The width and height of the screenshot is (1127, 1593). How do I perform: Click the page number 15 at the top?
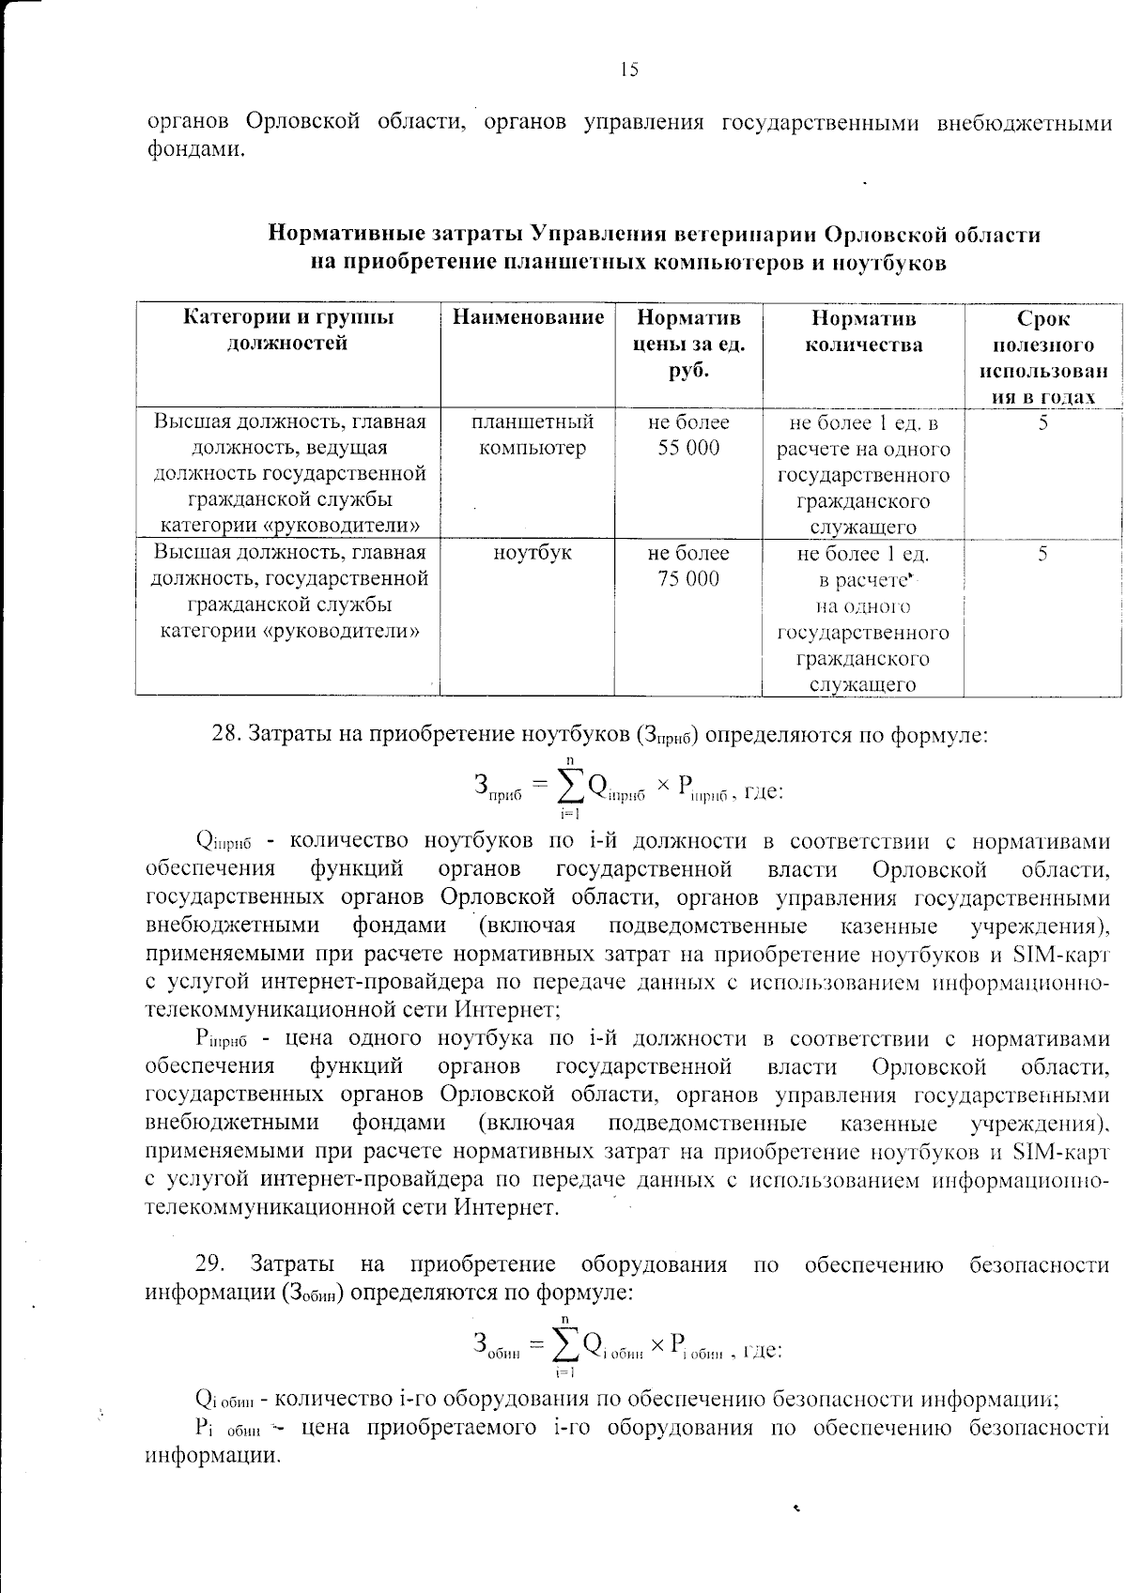pyautogui.click(x=628, y=69)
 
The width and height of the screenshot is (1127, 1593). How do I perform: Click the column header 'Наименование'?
pyautogui.click(x=528, y=317)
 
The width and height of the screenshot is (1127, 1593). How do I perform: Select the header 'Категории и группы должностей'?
pyautogui.click(x=288, y=329)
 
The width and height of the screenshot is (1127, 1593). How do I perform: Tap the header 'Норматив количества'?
pyautogui.click(x=863, y=330)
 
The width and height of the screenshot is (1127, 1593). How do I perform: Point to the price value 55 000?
pyautogui.click(x=688, y=448)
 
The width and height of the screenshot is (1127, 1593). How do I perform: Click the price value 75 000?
pyautogui.click(x=688, y=579)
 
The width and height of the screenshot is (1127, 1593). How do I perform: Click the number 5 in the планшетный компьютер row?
pyautogui.click(x=1042, y=422)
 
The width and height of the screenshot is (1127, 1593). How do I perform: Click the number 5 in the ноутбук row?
pyautogui.click(x=1042, y=554)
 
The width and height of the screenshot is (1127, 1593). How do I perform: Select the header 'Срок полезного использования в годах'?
pyautogui.click(x=1042, y=357)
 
